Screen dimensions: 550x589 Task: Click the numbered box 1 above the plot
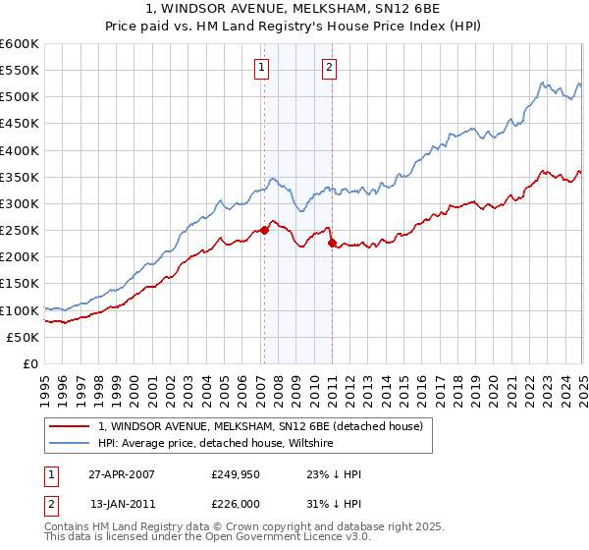tap(263, 68)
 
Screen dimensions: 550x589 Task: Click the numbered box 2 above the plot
tap(329, 68)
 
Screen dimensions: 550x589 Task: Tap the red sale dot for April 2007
tap(264, 231)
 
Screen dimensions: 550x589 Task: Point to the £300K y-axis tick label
tap(21, 204)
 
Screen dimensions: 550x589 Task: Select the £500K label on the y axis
tap(21, 97)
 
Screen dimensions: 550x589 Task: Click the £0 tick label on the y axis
tap(30, 364)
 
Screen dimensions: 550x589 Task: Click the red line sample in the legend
tap(70, 426)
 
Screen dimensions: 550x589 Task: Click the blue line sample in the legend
tap(70, 444)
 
